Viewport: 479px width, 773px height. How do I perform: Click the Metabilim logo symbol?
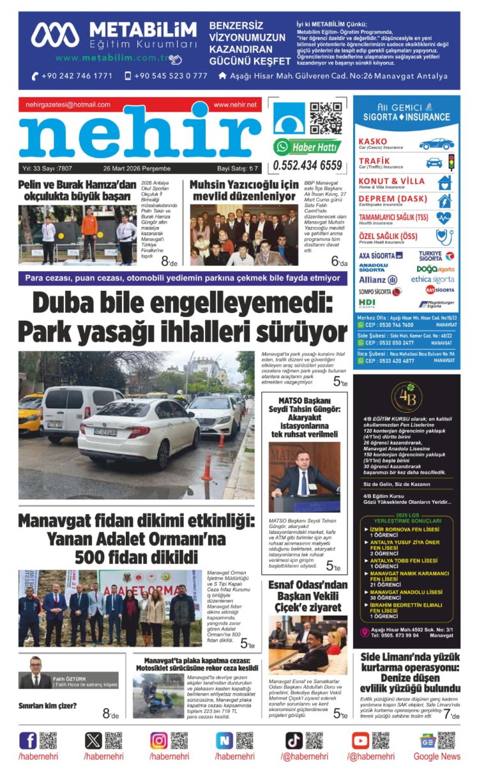tap(55, 35)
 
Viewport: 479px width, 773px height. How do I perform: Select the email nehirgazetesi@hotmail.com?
tap(68, 105)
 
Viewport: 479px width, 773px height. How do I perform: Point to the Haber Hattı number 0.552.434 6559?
tap(307, 165)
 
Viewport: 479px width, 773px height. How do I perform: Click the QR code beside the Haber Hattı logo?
tap(326, 119)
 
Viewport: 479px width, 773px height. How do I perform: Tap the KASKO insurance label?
tap(373, 142)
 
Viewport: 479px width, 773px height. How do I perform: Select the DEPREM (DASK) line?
tap(393, 199)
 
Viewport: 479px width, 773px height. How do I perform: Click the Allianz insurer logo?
tap(378, 279)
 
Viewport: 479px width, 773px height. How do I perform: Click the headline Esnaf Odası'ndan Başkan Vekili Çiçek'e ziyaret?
tap(308, 596)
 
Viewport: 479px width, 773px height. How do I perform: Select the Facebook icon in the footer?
tap(28, 740)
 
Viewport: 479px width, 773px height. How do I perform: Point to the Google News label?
tap(436, 756)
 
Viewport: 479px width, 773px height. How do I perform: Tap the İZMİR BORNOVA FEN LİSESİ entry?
tap(405, 529)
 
